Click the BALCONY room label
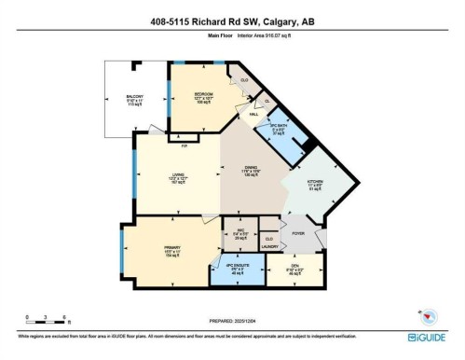pos(135,96)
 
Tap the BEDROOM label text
pos(204,94)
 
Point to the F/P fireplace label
pos(184,146)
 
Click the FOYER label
pos(298,232)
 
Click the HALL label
pos(253,114)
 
